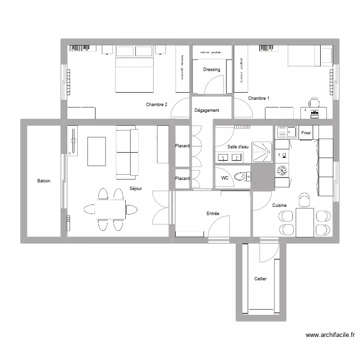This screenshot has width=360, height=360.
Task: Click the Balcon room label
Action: click(44, 181)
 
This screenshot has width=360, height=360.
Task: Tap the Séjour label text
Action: click(136, 189)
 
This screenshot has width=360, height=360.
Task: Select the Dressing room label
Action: click(211, 70)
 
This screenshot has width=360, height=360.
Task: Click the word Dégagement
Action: click(206, 110)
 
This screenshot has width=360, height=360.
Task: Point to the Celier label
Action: click(260, 279)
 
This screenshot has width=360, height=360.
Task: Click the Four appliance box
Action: click(306, 133)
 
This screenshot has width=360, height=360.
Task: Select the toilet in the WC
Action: click(242, 177)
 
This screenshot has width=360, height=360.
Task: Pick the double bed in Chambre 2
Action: click(134, 70)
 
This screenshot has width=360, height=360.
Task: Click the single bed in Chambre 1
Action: click(310, 56)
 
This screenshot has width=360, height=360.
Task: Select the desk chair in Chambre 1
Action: click(313, 102)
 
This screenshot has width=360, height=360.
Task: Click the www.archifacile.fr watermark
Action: click(330, 336)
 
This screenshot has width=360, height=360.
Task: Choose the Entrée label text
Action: click(213, 213)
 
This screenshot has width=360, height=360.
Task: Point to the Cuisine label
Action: click(279, 205)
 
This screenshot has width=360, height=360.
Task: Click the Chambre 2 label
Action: click(156, 105)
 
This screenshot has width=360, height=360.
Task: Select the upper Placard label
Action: click(182, 146)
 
